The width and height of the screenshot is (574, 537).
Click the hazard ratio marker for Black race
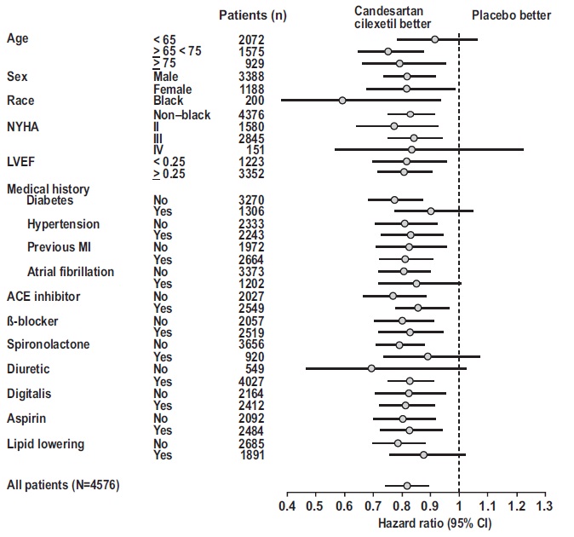click(x=342, y=101)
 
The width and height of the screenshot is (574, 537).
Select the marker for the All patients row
click(x=406, y=485)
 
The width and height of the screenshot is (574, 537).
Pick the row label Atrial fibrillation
click(x=71, y=272)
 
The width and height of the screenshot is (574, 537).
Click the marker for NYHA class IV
click(x=411, y=149)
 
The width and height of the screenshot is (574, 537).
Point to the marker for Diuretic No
click(x=371, y=368)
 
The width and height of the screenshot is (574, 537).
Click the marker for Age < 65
click(x=434, y=39)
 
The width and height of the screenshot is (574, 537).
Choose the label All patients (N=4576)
click(x=63, y=485)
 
